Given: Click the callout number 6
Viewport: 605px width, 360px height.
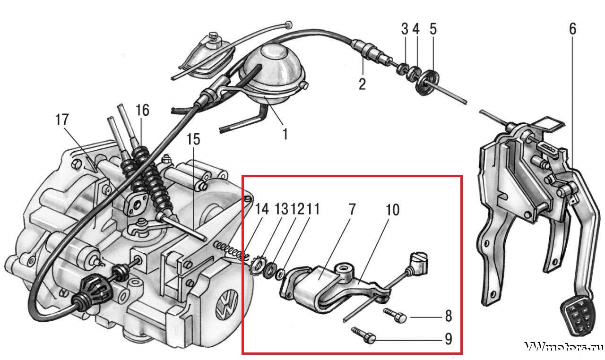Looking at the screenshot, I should (572, 29).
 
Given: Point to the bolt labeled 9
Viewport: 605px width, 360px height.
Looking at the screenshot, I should (363, 336).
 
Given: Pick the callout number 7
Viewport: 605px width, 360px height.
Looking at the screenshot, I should (353, 209).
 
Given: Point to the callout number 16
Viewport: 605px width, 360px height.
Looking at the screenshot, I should (142, 111).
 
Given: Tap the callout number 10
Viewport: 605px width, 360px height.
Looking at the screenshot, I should (393, 209).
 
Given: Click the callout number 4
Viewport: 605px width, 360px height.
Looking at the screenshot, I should (416, 29).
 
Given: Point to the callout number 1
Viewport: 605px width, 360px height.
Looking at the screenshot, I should (285, 134).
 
